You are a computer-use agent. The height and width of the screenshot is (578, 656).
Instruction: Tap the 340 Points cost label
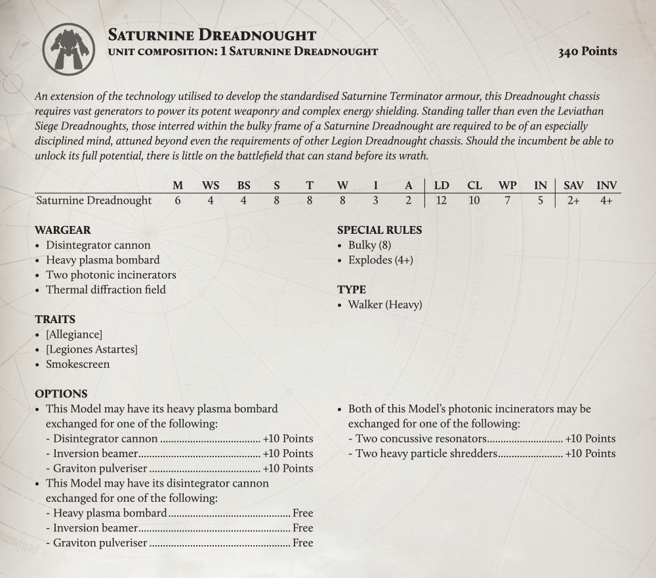tap(587, 51)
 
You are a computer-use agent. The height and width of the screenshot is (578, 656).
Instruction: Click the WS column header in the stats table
tap(211, 186)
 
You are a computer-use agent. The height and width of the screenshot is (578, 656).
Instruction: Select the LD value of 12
tap(441, 201)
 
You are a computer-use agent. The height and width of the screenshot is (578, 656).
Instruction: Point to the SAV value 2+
tap(573, 201)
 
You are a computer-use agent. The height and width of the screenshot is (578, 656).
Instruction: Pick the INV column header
tap(606, 186)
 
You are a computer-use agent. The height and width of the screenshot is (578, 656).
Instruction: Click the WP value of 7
tap(507, 201)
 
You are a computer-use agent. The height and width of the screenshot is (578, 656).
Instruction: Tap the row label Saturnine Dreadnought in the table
tap(94, 201)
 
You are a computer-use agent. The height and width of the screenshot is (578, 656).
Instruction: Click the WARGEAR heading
tap(62, 231)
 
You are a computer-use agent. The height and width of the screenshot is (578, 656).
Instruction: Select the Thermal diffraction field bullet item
tap(106, 290)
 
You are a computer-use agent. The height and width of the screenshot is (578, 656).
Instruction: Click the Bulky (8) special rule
tap(371, 245)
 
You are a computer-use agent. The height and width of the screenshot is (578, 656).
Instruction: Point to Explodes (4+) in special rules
tap(380, 260)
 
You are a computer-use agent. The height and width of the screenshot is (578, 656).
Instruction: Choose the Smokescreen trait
tap(77, 365)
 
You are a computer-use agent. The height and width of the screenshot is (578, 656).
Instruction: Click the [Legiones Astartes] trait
tap(92, 349)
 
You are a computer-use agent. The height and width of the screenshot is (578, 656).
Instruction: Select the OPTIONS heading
tap(61, 394)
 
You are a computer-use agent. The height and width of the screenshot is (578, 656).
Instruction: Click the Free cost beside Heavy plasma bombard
tap(302, 513)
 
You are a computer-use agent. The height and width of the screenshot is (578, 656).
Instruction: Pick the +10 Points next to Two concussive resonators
tap(590, 439)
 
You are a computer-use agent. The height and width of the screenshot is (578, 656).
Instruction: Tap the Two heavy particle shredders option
tap(426, 454)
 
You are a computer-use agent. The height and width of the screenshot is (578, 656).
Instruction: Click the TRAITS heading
tap(55, 320)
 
